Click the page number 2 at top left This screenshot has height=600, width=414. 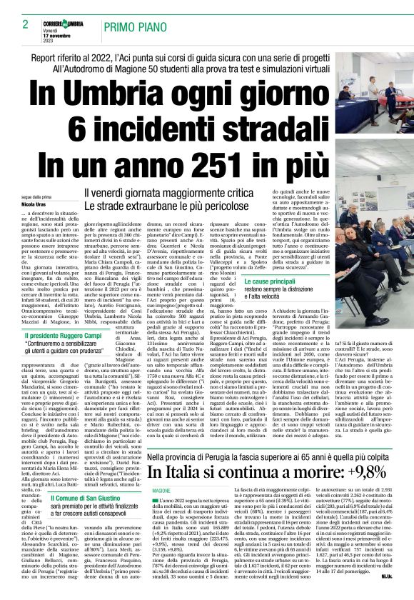[x=25, y=24]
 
